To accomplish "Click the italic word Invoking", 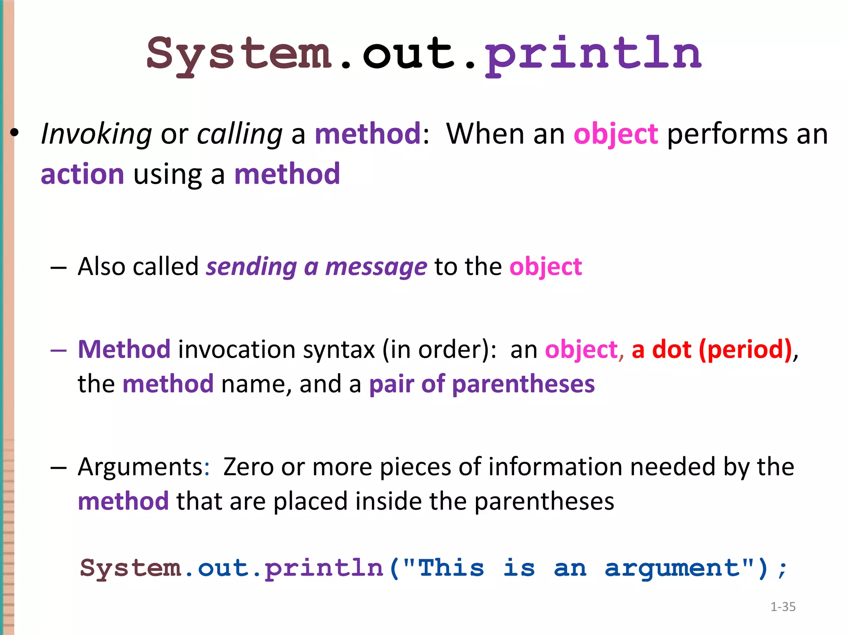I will click(x=96, y=134).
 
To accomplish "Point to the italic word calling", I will click(x=239, y=134).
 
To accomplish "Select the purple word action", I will click(x=82, y=174).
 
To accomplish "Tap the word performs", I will click(x=727, y=134).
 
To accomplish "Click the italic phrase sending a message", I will click(x=316, y=267).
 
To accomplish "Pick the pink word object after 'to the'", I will click(x=546, y=267).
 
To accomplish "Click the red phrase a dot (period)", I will click(x=711, y=349).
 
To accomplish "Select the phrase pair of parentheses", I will click(x=482, y=384).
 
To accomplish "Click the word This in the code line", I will click(x=451, y=567).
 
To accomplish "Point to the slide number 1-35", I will click(x=783, y=607).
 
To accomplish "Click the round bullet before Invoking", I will click(x=15, y=133).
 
